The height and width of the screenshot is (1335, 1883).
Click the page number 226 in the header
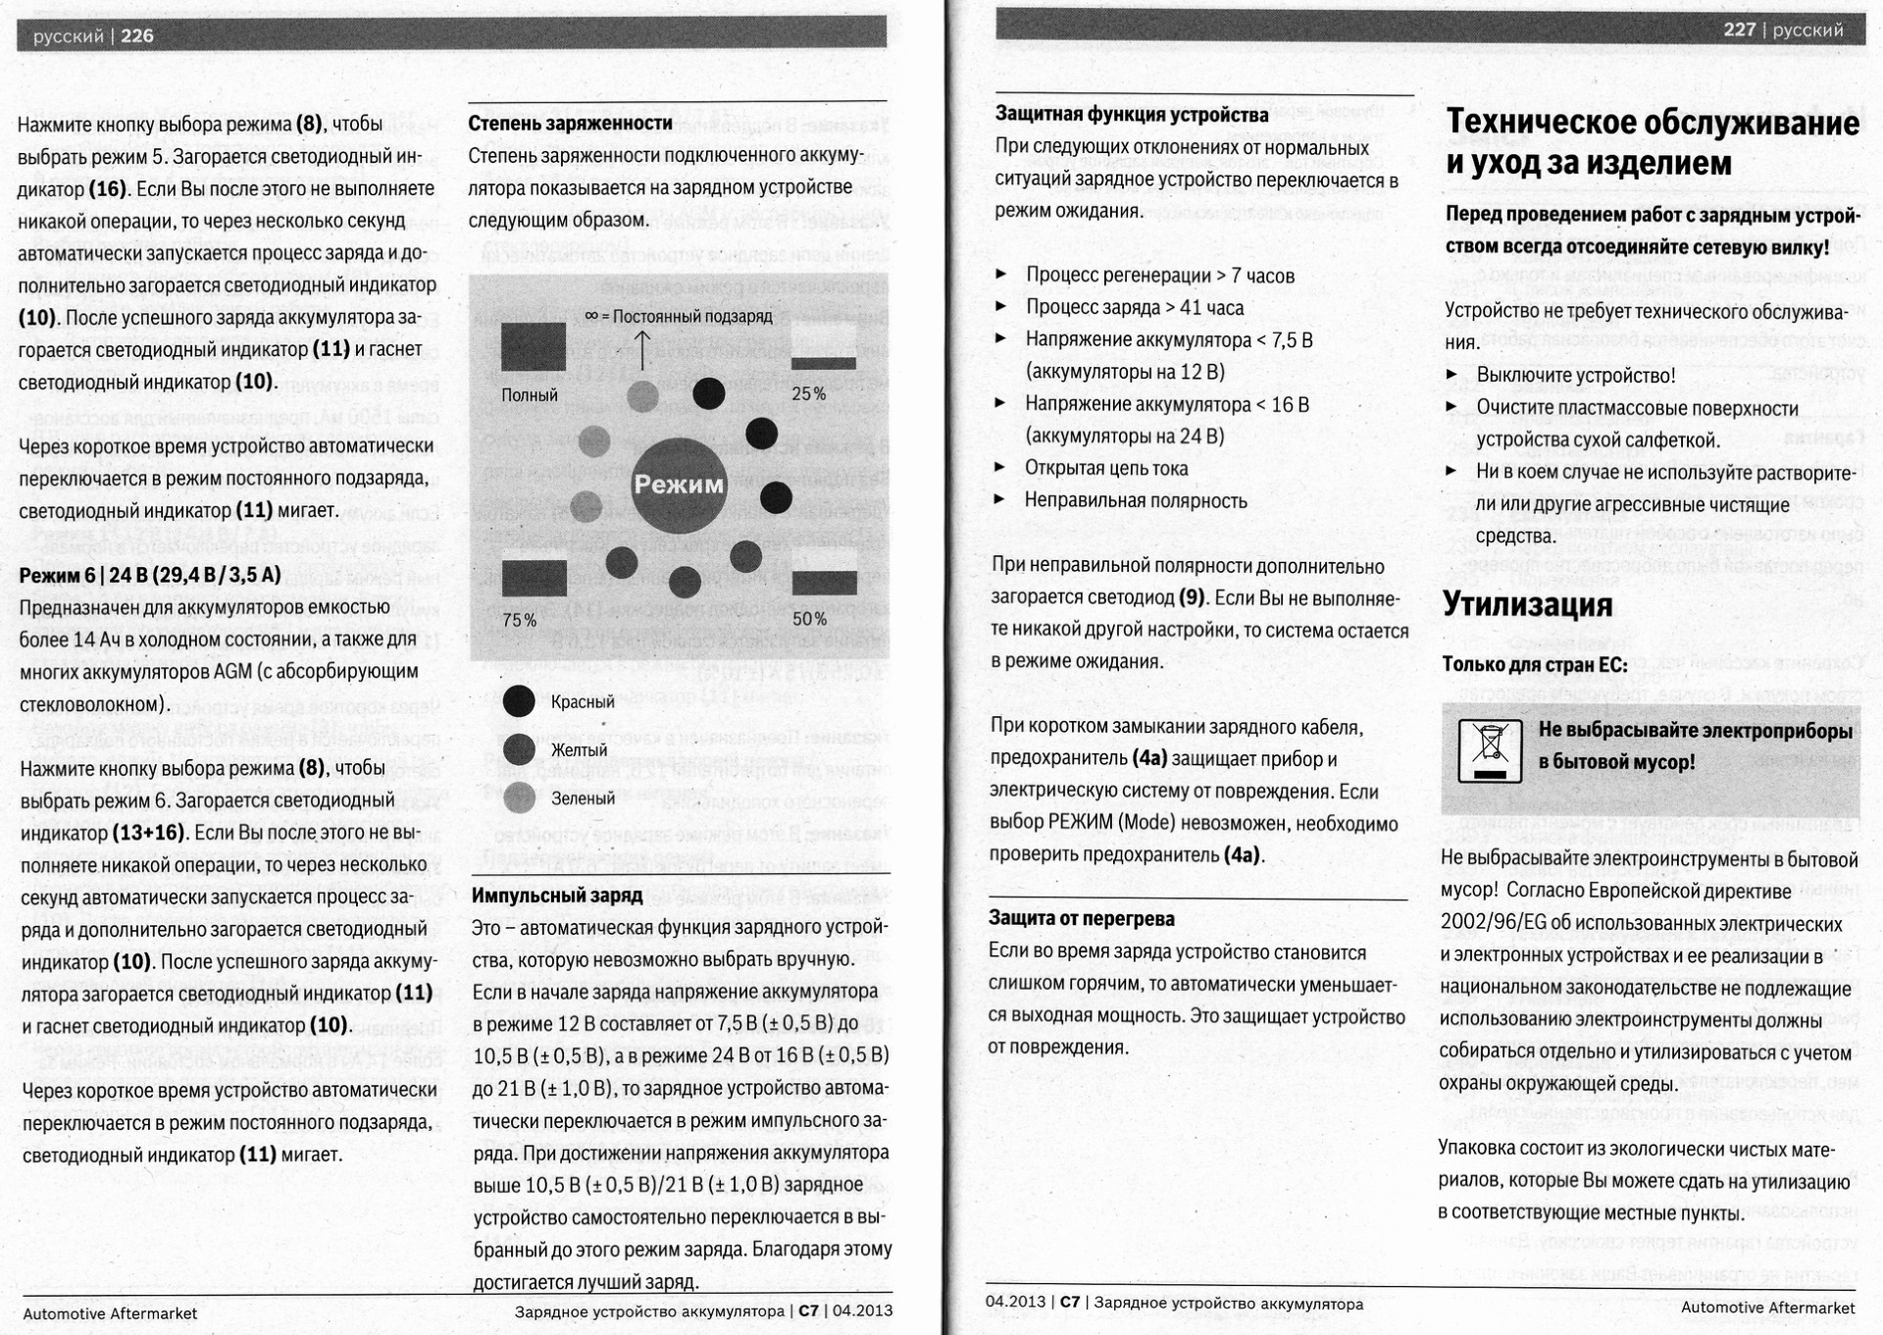pyautogui.click(x=137, y=36)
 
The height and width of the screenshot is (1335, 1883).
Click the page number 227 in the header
pyautogui.click(x=1739, y=29)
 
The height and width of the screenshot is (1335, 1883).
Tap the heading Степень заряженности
pyautogui.click(x=570, y=124)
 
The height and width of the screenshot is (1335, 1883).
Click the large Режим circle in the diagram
pyautogui.click(x=679, y=485)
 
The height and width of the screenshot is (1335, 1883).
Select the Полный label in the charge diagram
pyautogui.click(x=530, y=395)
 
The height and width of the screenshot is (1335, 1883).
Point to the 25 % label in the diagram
pyautogui.click(x=809, y=394)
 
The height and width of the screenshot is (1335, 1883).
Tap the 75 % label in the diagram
pyautogui.click(x=520, y=620)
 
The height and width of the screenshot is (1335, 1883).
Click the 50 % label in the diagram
pyautogui.click(x=810, y=619)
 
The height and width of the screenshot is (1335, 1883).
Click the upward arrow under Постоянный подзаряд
pyautogui.click(x=642, y=350)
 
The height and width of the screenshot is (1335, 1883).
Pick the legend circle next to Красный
pyautogui.click(x=519, y=701)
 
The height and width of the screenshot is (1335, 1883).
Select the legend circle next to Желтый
pyautogui.click(x=519, y=749)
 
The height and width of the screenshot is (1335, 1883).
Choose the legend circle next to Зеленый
pyautogui.click(x=519, y=797)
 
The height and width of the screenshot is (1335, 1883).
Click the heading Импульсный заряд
pyautogui.click(x=557, y=896)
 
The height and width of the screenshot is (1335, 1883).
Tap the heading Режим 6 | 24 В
pyautogui.click(x=150, y=575)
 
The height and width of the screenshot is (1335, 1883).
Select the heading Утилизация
pyautogui.click(x=1527, y=605)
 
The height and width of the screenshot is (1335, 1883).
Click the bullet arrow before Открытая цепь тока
pyautogui.click(x=1000, y=468)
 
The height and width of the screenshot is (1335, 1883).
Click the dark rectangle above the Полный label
pyautogui.click(x=534, y=346)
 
